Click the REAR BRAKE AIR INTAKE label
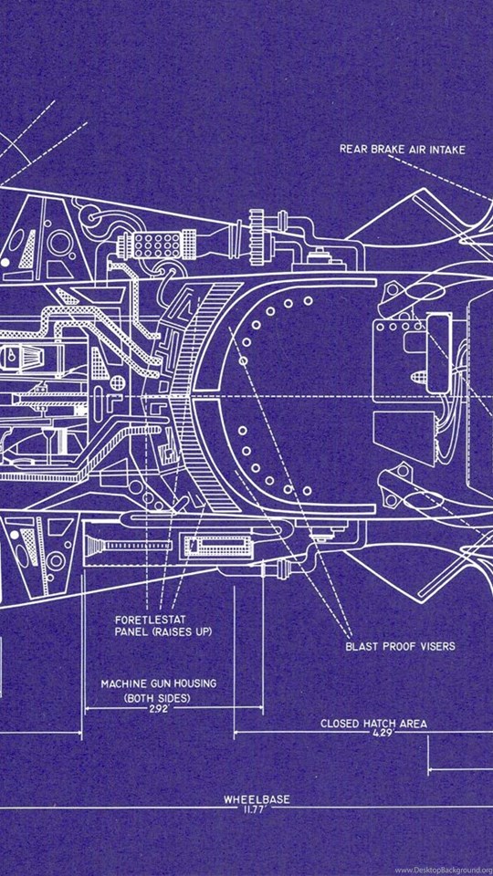[x=403, y=149]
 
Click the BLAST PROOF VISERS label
[x=400, y=646]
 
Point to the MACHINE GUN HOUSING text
[x=158, y=683]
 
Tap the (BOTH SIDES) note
[x=157, y=698]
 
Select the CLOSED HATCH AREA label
[x=373, y=724]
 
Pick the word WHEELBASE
[x=257, y=799]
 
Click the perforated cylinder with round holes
[x=148, y=245]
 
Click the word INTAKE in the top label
[x=446, y=149]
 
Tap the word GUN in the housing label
[x=158, y=683]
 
